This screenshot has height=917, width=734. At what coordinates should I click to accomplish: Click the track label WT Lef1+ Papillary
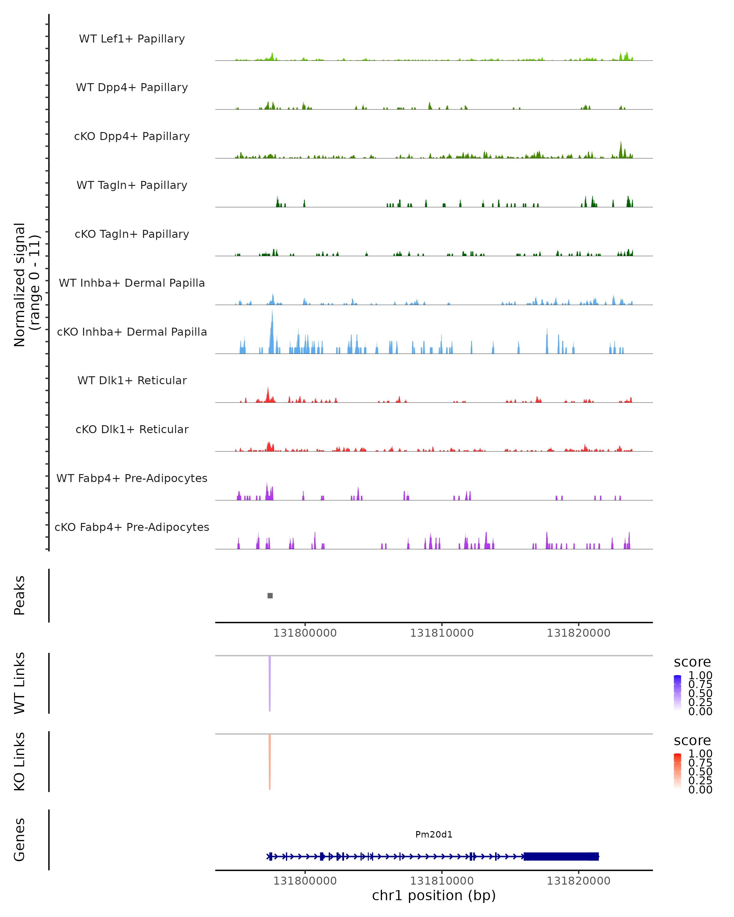tap(132, 39)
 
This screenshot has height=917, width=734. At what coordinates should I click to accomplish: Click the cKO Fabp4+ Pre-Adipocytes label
tap(132, 527)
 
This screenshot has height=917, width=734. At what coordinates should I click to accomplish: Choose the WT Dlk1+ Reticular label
tap(132, 380)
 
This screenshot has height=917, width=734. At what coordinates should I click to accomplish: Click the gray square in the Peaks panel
tap(270, 595)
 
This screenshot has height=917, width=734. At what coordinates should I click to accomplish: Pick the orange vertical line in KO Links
tap(270, 762)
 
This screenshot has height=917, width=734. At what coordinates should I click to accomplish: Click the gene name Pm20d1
tap(434, 834)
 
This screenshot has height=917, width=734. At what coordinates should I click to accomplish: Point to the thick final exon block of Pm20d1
tap(561, 856)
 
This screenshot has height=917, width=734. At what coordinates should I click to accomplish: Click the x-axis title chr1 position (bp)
tap(434, 895)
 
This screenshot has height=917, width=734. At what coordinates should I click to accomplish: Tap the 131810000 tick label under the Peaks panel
tap(442, 633)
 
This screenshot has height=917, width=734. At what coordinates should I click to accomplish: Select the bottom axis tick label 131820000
tap(578, 881)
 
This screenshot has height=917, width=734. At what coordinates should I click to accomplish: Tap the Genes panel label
tap(20, 840)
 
